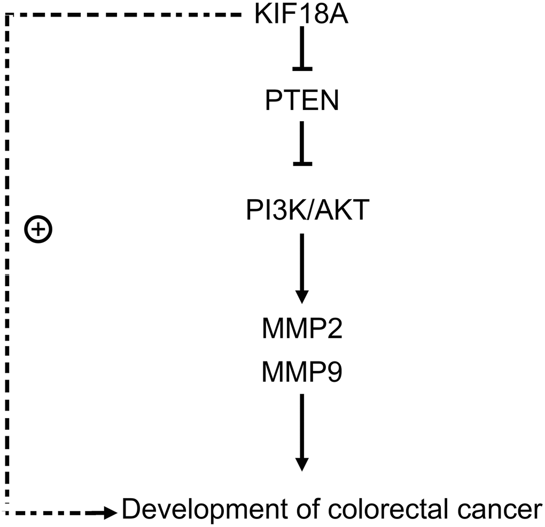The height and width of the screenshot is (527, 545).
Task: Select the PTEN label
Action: coord(302,100)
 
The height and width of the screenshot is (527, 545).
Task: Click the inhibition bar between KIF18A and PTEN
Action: coord(302,68)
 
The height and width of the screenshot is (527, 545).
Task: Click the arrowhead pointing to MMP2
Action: coord(302,296)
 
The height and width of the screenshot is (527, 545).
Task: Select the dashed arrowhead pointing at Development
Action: coord(111,513)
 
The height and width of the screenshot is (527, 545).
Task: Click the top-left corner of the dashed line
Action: coord(7,16)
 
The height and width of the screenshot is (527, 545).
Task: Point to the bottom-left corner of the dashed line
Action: coord(7,513)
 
